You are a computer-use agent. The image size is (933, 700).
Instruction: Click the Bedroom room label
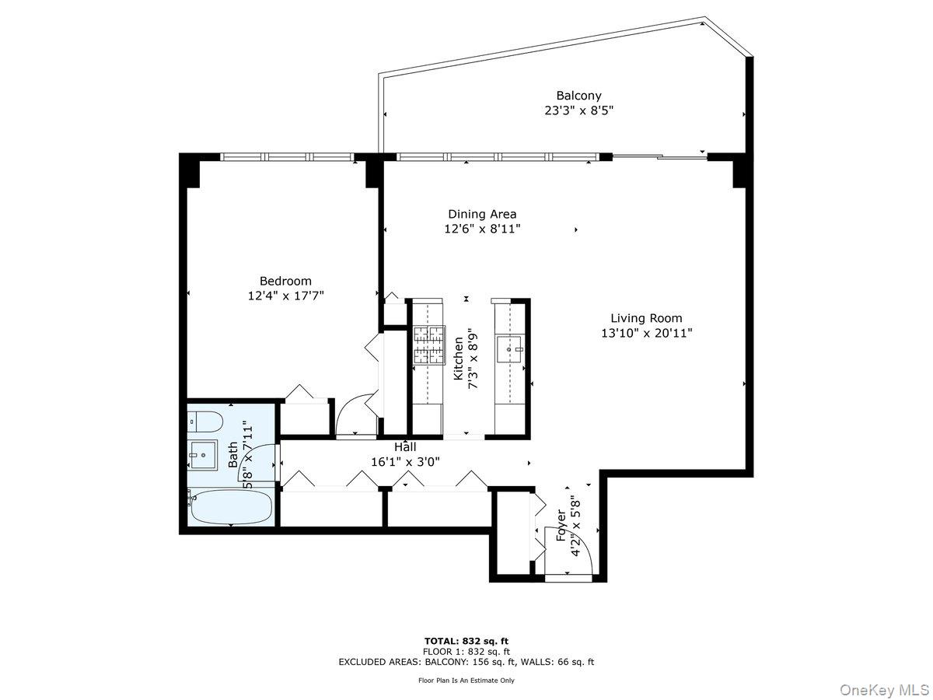pyautogui.click(x=285, y=281)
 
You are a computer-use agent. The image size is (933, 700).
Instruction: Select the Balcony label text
pyautogui.click(x=578, y=96)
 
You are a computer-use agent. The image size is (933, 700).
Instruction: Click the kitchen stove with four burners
pyautogui.click(x=428, y=345)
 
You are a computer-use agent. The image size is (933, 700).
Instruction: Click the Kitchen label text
pyautogui.click(x=459, y=359)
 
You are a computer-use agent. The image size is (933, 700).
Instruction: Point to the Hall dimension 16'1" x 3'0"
pyautogui.click(x=405, y=461)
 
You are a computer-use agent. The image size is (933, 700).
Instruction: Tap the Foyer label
pyautogui.click(x=561, y=525)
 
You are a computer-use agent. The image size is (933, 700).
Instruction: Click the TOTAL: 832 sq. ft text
pyautogui.click(x=466, y=641)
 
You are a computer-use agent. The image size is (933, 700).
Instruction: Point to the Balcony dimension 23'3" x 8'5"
pyautogui.click(x=578, y=111)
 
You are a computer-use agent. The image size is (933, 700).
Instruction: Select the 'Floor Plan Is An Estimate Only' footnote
pyautogui.click(x=466, y=681)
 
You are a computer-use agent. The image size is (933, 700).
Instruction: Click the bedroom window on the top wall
pyautogui.click(x=287, y=156)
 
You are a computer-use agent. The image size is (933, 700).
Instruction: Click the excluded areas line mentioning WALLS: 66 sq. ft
pyautogui.click(x=466, y=662)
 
